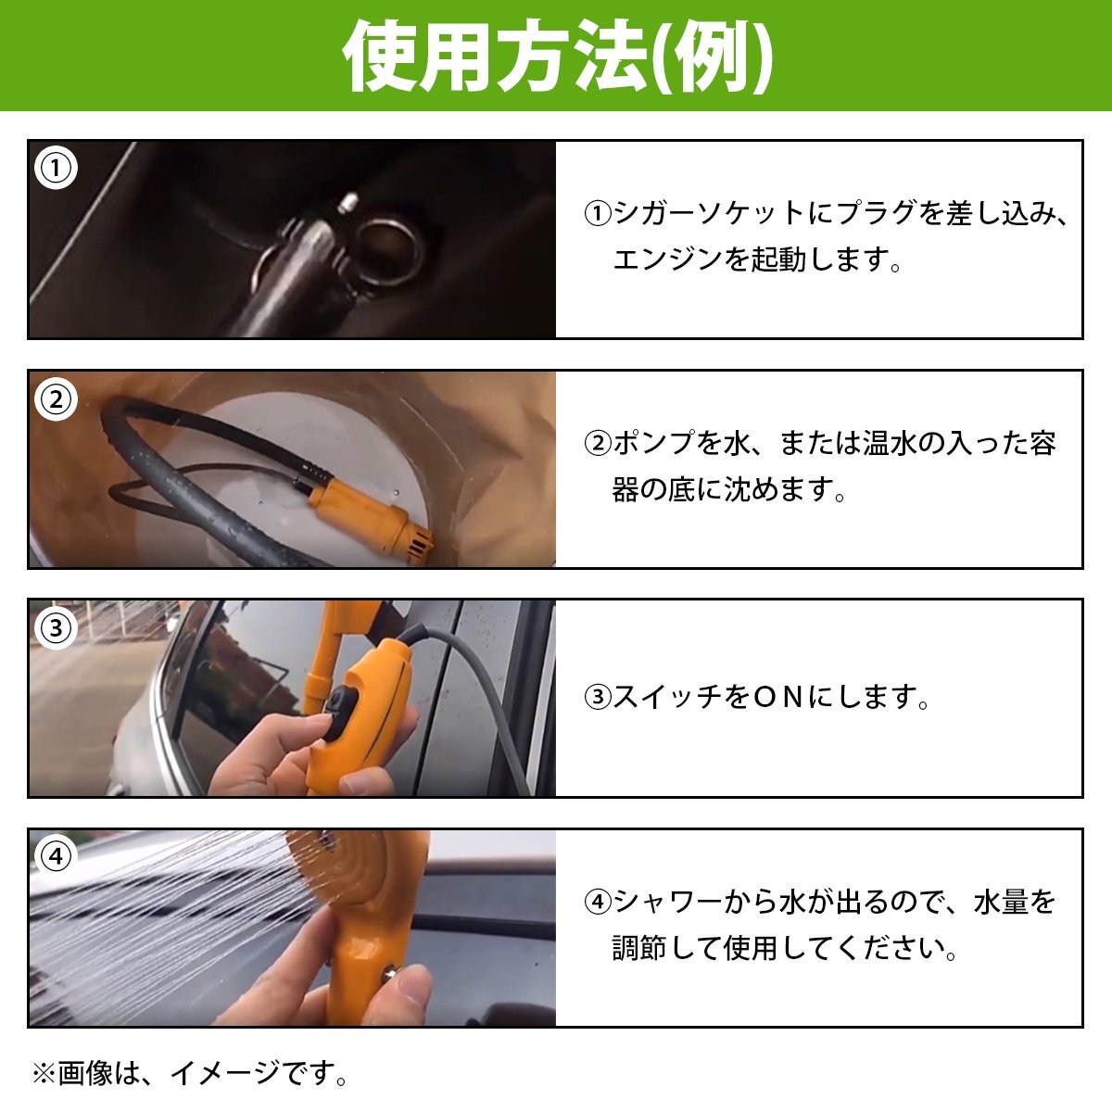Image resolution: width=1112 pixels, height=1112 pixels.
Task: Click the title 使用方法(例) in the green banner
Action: [x=557, y=57]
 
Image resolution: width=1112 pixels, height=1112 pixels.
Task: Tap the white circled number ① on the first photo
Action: [x=56, y=168]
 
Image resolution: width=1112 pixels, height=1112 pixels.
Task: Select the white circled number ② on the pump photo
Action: [x=56, y=399]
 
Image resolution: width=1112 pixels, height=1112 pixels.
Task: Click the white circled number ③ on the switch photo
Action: [x=56, y=628]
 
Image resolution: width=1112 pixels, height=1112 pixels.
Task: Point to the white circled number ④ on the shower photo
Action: [x=56, y=856]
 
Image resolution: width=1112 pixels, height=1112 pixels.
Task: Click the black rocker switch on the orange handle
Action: [x=339, y=714]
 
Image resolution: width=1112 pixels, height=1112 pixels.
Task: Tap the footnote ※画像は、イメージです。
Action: [x=191, y=1073]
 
